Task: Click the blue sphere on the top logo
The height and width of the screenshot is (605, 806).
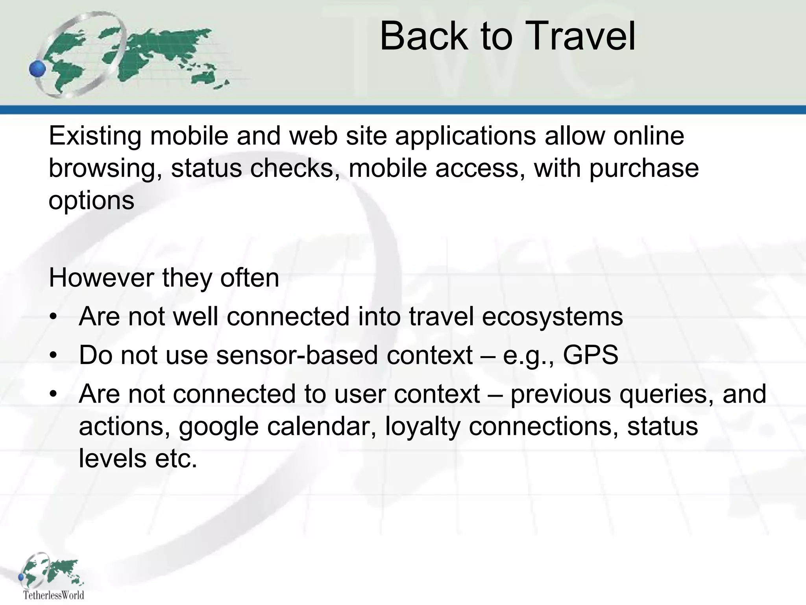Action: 38,70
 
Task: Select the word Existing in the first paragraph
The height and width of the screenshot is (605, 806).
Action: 94,136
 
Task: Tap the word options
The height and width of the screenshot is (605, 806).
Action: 91,201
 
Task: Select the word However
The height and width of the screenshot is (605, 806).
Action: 101,278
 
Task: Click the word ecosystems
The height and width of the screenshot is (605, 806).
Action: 552,316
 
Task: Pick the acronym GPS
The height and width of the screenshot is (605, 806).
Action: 590,355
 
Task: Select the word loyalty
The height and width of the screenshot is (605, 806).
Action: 422,427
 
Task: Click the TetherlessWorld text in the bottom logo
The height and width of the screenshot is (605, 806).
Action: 54,595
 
